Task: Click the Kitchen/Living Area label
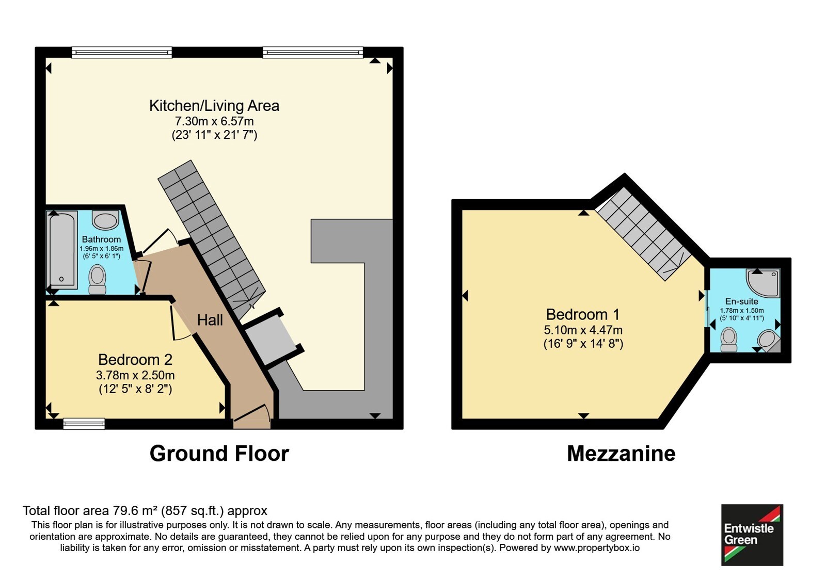[x=214, y=106]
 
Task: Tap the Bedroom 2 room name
[x=135, y=359]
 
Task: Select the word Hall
[x=210, y=320]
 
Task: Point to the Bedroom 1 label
[x=583, y=314]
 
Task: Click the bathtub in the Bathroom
[x=61, y=250]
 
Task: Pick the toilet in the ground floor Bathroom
[x=98, y=279]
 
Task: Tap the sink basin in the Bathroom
[x=105, y=220]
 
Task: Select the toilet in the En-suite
[x=728, y=339]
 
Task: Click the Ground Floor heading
[x=219, y=454]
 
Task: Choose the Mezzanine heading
[x=621, y=454]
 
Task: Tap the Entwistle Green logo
[x=752, y=535]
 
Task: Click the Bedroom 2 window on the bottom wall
[x=84, y=424]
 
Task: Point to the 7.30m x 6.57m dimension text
[x=214, y=121]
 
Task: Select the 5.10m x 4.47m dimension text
[x=583, y=330]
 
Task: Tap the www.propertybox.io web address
[x=597, y=548]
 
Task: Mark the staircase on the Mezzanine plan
[x=643, y=234]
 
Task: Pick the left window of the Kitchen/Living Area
[x=122, y=52]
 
